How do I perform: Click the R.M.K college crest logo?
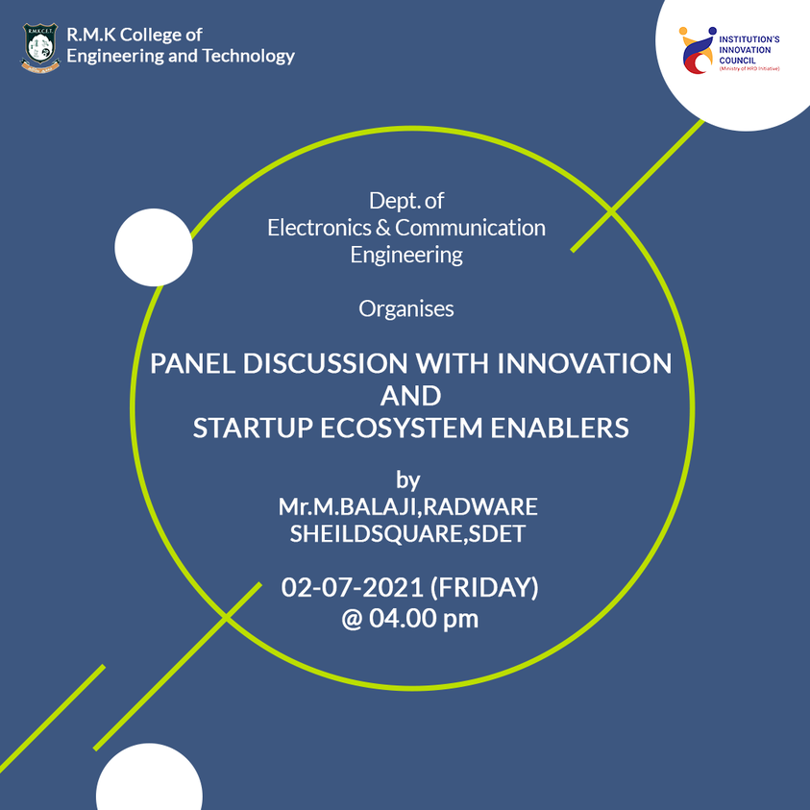point(40,47)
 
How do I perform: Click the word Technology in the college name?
point(249,56)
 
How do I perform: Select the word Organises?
point(406,309)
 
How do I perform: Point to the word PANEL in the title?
point(193,363)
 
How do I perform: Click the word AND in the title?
point(410,396)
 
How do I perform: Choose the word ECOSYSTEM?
point(401,428)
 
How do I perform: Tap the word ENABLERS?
point(559,428)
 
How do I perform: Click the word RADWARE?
point(480,506)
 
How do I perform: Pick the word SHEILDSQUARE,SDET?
point(407,533)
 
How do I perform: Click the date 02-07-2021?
point(353,587)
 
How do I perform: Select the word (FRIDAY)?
point(484,587)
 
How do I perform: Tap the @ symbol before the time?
point(352,619)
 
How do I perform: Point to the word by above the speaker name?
point(408,480)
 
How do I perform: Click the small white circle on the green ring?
point(154,248)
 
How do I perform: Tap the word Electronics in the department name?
point(319,228)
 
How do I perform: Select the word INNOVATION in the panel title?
point(584,363)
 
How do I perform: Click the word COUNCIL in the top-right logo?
point(737,61)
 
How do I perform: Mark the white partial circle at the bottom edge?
point(149,777)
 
